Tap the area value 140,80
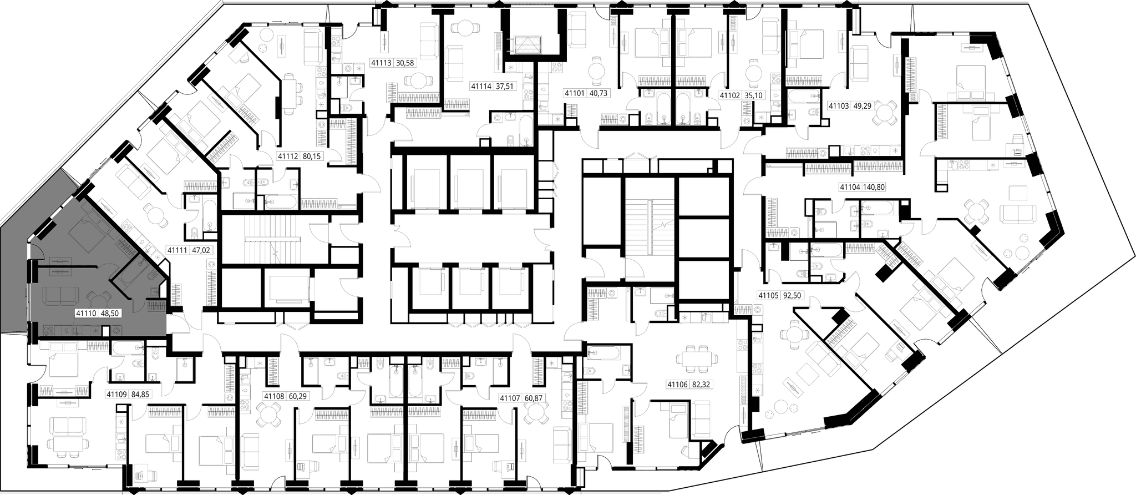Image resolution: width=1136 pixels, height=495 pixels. click(x=875, y=187)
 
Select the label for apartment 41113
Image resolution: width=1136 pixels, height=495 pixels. click(x=381, y=63)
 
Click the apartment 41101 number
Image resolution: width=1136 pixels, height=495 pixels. click(x=575, y=94)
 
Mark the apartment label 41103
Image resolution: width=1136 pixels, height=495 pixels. click(x=839, y=104)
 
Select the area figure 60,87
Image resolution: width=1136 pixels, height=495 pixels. click(x=530, y=398)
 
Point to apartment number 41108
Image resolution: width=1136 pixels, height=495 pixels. click(x=274, y=396)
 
